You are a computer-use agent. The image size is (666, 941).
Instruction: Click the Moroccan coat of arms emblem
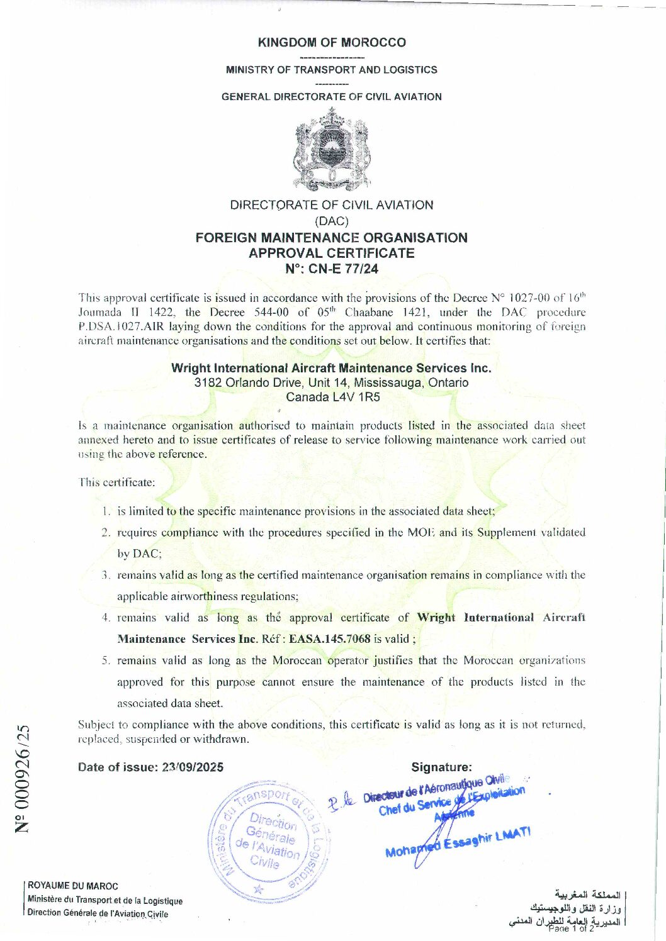[x=332, y=148]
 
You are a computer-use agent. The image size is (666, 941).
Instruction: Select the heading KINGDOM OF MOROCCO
[x=332, y=43]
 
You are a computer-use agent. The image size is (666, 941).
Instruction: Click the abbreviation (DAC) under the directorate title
[x=331, y=221]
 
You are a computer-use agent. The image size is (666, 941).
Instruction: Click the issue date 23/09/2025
[x=193, y=767]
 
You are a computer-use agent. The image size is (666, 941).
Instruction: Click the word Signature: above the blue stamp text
[x=441, y=767]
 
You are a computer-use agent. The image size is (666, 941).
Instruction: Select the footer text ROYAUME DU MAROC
[x=73, y=886]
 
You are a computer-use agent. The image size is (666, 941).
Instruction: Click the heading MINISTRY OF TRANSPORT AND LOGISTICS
[x=332, y=70]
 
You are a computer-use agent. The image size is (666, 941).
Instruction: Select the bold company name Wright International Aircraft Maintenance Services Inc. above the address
[x=331, y=368]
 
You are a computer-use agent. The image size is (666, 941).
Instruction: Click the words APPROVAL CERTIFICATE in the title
[x=331, y=253]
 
